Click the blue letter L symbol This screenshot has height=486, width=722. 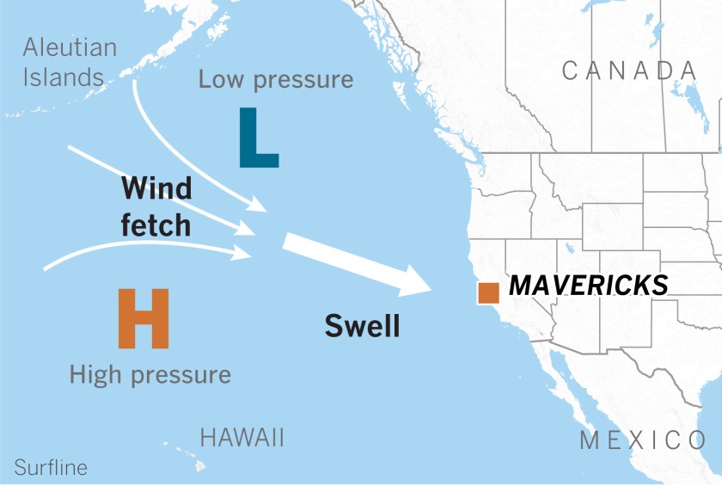tap(256, 138)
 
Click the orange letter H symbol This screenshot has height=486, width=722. tap(144, 318)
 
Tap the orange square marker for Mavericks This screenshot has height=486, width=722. tap(488, 292)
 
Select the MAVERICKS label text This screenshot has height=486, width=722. tap(589, 286)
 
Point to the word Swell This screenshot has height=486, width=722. tap(362, 326)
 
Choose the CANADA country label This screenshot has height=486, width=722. tap(629, 71)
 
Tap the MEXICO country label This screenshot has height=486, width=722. tap(643, 441)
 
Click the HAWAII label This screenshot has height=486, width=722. tap(242, 437)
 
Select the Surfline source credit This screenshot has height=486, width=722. tap(51, 468)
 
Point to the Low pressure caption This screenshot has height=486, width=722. tap(276, 80)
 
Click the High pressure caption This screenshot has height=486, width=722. tap(150, 375)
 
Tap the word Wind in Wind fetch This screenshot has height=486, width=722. tap(156, 188)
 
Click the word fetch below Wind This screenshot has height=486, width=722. tap(156, 225)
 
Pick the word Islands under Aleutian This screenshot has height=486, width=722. tap(63, 77)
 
